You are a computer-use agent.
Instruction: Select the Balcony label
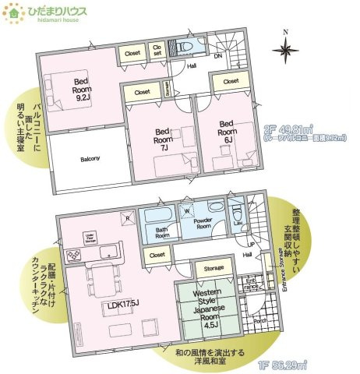(x=90, y=159)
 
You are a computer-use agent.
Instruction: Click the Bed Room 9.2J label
(x=82, y=90)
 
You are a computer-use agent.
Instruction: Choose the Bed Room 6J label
(x=226, y=128)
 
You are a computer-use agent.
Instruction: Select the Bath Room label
(x=162, y=232)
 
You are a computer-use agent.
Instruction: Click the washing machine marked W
(x=185, y=210)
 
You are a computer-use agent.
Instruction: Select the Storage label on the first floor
(x=213, y=268)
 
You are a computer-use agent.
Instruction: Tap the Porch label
(x=261, y=319)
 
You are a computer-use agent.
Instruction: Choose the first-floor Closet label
(x=157, y=255)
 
